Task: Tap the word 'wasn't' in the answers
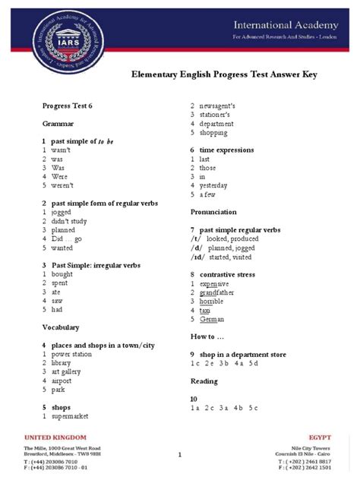[x=62, y=151]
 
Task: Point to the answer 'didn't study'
[x=71, y=221]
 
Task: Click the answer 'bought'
[x=62, y=274]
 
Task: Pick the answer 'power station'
[x=72, y=354]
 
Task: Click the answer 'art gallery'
[x=68, y=371]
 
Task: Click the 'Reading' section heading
[x=204, y=381]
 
